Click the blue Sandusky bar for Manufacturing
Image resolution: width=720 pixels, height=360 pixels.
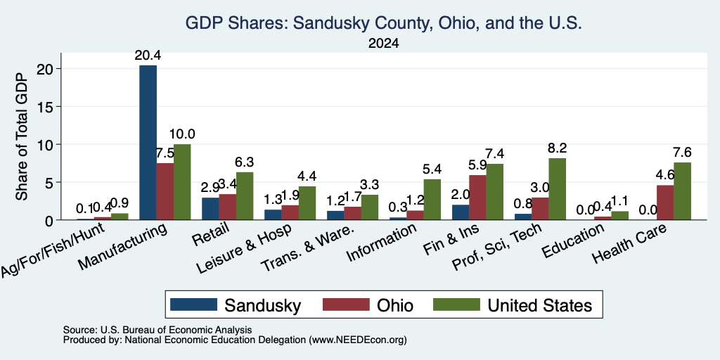[148, 142]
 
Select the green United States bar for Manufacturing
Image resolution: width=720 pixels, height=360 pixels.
[182, 182]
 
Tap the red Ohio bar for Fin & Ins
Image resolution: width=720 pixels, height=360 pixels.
[477, 198]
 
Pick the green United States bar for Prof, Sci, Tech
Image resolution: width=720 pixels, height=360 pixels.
[558, 188]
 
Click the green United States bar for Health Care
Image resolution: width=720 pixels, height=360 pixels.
[682, 191]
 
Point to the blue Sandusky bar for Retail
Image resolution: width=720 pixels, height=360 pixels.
[210, 208]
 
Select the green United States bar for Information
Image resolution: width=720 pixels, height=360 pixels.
[432, 199]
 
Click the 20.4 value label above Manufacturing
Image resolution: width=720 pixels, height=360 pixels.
[148, 56]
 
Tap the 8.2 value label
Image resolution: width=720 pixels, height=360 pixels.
[558, 148]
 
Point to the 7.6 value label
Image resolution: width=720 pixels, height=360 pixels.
[682, 153]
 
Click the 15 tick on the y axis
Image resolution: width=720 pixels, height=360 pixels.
[49, 107]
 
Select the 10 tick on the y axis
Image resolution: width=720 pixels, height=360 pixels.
[49, 145]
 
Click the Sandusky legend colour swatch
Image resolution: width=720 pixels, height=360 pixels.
[193, 305]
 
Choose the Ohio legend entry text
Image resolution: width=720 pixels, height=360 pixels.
[395, 305]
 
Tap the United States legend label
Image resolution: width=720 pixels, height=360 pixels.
[539, 305]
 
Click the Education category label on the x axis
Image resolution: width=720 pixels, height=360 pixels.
[572, 241]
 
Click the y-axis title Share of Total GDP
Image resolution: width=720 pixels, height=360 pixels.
[22, 136]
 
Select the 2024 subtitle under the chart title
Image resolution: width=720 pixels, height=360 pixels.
[383, 44]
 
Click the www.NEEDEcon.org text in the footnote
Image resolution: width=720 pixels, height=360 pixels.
[358, 340]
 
